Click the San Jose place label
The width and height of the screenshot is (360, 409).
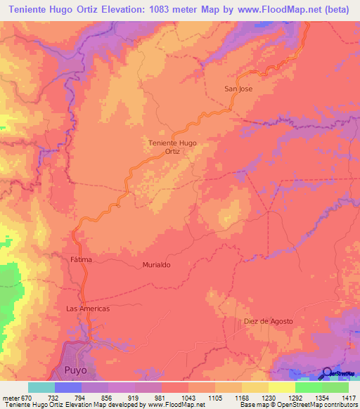238,89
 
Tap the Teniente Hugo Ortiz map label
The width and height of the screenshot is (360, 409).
173,147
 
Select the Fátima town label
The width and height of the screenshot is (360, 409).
82,260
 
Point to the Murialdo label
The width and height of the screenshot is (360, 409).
156,265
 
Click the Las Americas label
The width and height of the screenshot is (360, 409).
87,309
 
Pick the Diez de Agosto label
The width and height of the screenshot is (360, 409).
268,321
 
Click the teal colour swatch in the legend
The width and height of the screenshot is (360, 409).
41,387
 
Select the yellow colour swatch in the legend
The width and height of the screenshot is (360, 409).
281,387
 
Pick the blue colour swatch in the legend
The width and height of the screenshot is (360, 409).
67,387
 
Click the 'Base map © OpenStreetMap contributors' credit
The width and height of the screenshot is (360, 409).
298,405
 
